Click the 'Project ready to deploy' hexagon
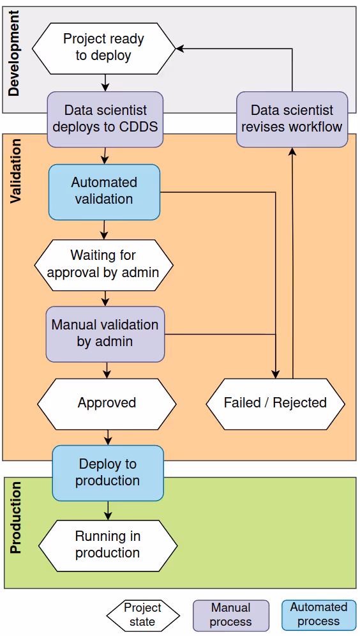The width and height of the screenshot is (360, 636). (x=103, y=47)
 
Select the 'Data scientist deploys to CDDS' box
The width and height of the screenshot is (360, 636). (x=105, y=119)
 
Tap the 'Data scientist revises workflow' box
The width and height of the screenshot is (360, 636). (x=292, y=119)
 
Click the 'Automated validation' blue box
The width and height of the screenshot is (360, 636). (x=104, y=191)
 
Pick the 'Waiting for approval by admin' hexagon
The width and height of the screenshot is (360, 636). (x=103, y=264)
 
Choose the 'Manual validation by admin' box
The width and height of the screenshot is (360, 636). (x=105, y=333)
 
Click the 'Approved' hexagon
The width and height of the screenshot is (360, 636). (x=107, y=403)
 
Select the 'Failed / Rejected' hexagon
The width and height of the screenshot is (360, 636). (x=275, y=403)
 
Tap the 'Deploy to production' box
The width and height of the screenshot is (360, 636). (x=107, y=473)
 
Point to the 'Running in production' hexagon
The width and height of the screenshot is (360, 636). (x=107, y=545)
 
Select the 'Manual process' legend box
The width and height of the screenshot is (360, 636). (x=230, y=614)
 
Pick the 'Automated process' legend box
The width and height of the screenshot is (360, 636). (x=319, y=614)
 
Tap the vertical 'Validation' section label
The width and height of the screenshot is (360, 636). (x=15, y=171)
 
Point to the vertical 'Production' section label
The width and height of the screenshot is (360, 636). (x=15, y=518)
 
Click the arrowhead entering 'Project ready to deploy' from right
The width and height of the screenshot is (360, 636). (x=181, y=48)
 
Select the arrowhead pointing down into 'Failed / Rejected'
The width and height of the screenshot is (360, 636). (x=276, y=374)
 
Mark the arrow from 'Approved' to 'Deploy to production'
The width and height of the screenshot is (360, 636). (x=107, y=437)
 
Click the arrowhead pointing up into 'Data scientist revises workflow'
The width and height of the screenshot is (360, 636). (x=292, y=152)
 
